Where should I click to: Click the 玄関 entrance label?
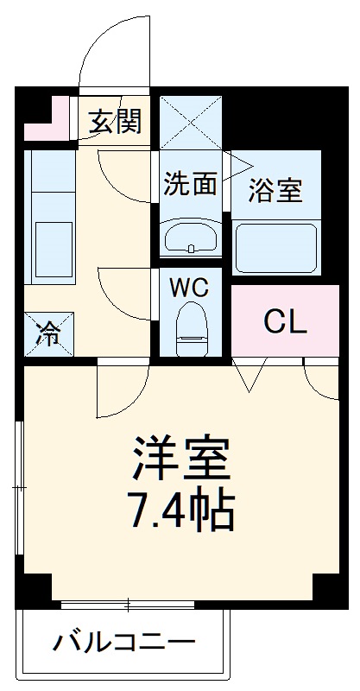115,123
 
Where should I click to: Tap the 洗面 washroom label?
190,183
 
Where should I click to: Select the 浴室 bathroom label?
275,191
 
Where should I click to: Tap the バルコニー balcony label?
125,643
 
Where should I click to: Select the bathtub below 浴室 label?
275,246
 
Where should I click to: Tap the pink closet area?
285,320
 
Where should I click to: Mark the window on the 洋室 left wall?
19,488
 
